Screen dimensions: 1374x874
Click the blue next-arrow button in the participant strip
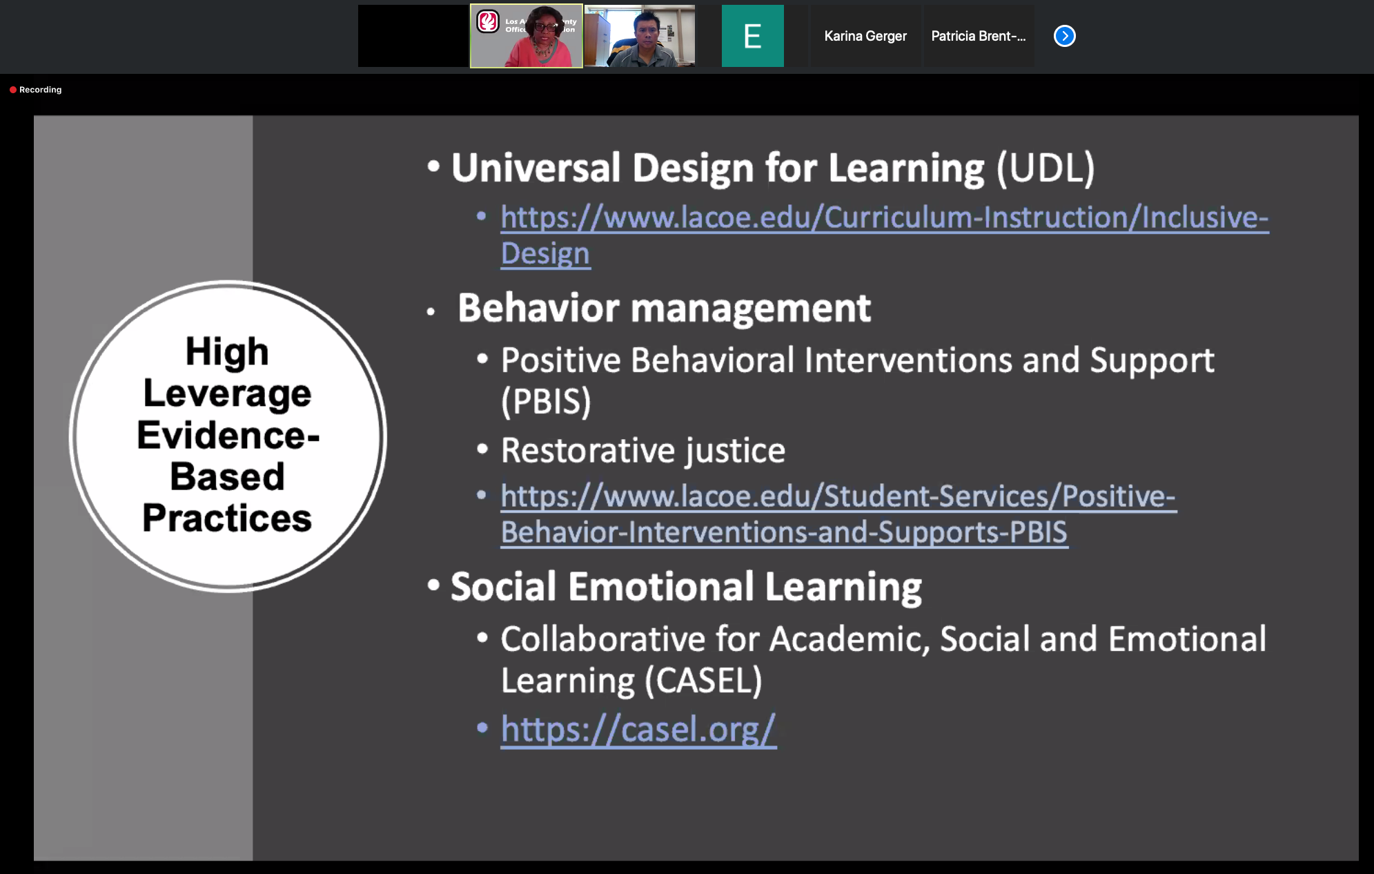[x=1064, y=36]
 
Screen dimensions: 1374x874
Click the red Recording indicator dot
[x=13, y=90]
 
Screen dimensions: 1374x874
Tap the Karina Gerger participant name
[x=865, y=36]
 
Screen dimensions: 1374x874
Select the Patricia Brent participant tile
[x=979, y=36]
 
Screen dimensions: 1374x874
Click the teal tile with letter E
[x=752, y=36]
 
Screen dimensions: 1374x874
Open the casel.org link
[x=638, y=730]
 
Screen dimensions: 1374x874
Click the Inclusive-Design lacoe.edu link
[x=885, y=235]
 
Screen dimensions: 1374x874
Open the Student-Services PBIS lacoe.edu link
[x=838, y=514]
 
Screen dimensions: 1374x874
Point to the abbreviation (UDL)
[x=1046, y=168]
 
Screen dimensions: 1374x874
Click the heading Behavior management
[x=664, y=308]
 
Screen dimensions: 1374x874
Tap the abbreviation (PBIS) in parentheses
[x=546, y=401]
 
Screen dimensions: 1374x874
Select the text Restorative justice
[x=643, y=451]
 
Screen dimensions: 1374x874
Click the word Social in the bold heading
[x=503, y=587]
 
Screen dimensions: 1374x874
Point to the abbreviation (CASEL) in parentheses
[x=703, y=681]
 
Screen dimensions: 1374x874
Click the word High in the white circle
[x=227, y=352]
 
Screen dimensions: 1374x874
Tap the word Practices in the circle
[x=227, y=518]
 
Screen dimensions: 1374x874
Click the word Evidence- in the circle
[x=228, y=435]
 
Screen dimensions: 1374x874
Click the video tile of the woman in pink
[x=527, y=36]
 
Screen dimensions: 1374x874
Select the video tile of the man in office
[x=640, y=36]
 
